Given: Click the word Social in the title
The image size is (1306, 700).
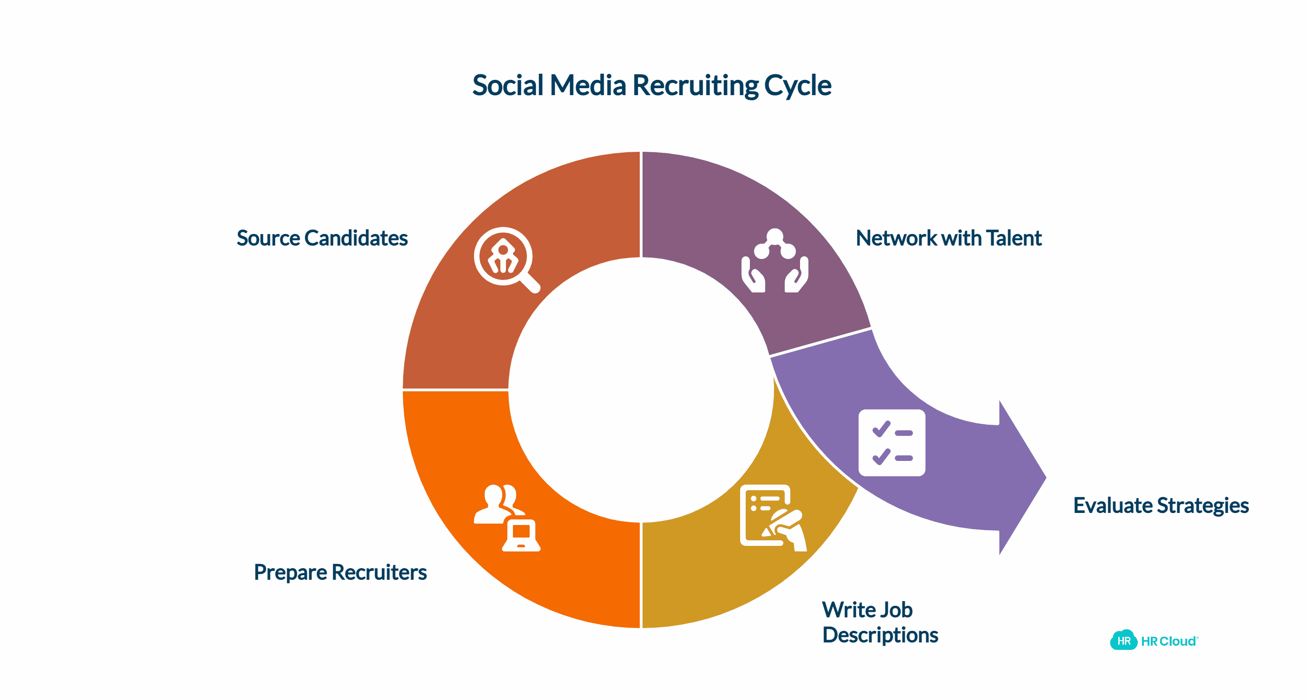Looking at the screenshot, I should pyautogui.click(x=507, y=85).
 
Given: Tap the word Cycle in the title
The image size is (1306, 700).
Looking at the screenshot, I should pyautogui.click(x=797, y=86).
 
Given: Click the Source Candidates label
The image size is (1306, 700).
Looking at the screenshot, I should pyautogui.click(x=322, y=238).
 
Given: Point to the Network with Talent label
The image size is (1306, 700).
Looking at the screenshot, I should pyautogui.click(x=948, y=238).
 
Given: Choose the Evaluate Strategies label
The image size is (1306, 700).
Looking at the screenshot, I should pyautogui.click(x=1161, y=506).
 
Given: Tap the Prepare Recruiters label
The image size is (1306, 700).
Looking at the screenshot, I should pyautogui.click(x=340, y=572).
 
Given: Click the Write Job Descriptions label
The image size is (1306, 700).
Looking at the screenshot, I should pyautogui.click(x=879, y=622).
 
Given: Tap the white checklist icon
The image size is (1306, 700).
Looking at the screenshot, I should pyautogui.click(x=892, y=443).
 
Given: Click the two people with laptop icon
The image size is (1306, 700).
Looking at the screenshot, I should pyautogui.click(x=506, y=518).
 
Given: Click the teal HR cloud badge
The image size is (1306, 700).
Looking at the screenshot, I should pyautogui.click(x=1123, y=640).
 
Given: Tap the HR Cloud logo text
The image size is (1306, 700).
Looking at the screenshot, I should pyautogui.click(x=1168, y=641).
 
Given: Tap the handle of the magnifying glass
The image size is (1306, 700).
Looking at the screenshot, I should pyautogui.click(x=530, y=283).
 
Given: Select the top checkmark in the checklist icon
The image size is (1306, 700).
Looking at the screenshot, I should pyautogui.click(x=881, y=429).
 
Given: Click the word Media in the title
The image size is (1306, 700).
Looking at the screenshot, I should pyautogui.click(x=588, y=85).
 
